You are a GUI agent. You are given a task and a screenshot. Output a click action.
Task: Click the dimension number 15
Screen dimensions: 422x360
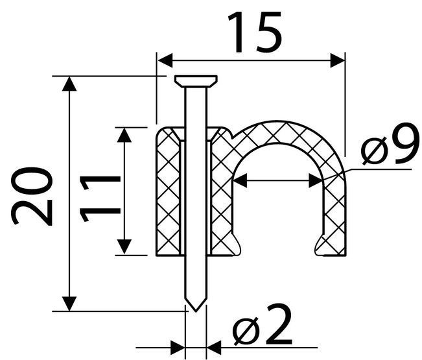pyautogui.click(x=255, y=32)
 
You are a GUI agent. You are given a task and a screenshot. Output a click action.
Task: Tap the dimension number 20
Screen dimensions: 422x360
pyautogui.click(x=32, y=196)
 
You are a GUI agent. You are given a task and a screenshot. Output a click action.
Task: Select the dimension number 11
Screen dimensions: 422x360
pyautogui.click(x=100, y=198)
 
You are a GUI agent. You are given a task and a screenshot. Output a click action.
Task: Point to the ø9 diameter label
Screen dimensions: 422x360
pyautogui.click(x=390, y=144)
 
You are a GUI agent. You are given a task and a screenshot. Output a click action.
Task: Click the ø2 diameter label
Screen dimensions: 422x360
pyautogui.click(x=262, y=325)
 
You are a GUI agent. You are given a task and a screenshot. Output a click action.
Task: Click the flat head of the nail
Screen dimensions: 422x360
pyautogui.click(x=196, y=81)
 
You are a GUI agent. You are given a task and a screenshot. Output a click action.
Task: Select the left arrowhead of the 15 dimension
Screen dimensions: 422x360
pyautogui.click(x=165, y=60)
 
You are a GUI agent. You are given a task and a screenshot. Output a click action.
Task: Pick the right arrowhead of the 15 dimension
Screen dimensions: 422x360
pyautogui.click(x=338, y=60)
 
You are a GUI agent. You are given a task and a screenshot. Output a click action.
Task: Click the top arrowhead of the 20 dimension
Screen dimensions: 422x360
pyautogui.click(x=69, y=84)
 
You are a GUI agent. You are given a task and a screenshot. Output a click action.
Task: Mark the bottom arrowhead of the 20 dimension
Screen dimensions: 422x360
pyautogui.click(x=69, y=304)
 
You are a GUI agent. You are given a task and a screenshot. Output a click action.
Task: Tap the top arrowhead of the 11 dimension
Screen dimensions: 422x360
pyautogui.click(x=124, y=135)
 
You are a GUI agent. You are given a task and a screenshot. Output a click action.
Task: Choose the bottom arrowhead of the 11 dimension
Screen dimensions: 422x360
pyautogui.click(x=124, y=246)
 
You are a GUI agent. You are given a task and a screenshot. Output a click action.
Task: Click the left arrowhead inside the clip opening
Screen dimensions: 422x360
pyautogui.click(x=240, y=180)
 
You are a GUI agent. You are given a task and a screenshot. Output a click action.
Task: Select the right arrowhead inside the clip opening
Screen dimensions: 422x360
pyautogui.click(x=316, y=180)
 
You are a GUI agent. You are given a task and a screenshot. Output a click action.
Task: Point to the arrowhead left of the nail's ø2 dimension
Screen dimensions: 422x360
pyautogui.click(x=178, y=347)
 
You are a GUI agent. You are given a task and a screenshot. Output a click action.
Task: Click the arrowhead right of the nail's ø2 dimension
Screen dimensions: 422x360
pyautogui.click(x=214, y=347)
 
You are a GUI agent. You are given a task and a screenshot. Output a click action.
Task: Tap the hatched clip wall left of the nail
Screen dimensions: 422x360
pyautogui.click(x=168, y=193)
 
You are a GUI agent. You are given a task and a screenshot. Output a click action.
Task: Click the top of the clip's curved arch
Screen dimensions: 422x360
pyautogui.click(x=277, y=132)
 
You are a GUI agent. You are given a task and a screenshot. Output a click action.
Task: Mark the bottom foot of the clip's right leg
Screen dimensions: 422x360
pyautogui.click(x=331, y=246)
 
